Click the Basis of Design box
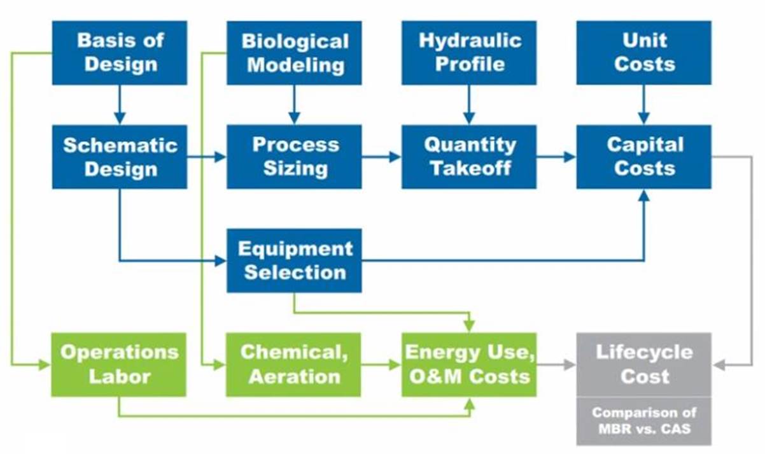point(120,53)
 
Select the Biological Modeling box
point(294,53)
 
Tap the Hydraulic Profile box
point(469,53)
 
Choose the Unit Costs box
point(644,53)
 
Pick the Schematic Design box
point(120,157)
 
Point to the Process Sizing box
point(294,157)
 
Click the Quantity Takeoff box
point(469,157)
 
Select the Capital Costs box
point(644,157)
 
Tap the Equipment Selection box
point(294,260)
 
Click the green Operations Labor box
point(119,365)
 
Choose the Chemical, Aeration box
point(293,365)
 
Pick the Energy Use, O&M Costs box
point(469,365)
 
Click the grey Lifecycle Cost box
point(644,365)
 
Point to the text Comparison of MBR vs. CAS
point(644,420)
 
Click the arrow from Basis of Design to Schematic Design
point(120,105)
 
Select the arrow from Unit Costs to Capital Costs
point(644,105)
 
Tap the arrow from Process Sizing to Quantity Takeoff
point(381,157)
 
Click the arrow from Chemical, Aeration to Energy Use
point(381,365)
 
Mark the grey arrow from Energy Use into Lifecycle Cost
point(556,365)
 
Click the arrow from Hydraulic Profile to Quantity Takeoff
point(469,105)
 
